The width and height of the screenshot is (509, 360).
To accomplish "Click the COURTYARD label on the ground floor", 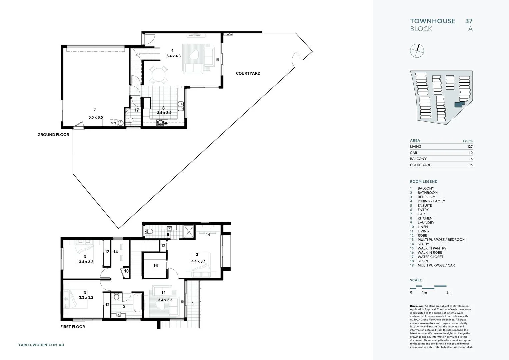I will pyautogui.click(x=248, y=73).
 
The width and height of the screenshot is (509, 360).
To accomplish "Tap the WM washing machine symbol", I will pyautogui.click(x=113, y=123).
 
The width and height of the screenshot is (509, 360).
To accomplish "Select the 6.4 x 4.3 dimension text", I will pyautogui.click(x=173, y=56).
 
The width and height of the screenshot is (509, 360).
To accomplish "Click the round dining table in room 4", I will pyautogui.click(x=158, y=75).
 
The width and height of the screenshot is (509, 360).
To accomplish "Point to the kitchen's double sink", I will pyautogui.click(x=181, y=106).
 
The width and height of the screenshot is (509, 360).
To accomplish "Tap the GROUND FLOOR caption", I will pyautogui.click(x=53, y=135).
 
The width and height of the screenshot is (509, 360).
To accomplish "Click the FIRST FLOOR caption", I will pyautogui.click(x=73, y=327).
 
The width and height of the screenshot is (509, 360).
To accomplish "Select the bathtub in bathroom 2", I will pyautogui.click(x=138, y=303).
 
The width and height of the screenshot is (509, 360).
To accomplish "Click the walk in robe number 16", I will pyautogui.click(x=155, y=266).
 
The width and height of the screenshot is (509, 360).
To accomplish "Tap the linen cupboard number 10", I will pyautogui.click(x=126, y=271).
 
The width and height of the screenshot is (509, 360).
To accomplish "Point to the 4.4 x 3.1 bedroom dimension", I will pyautogui.click(x=198, y=261).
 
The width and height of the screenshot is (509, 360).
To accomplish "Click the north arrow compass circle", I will pyautogui.click(x=417, y=51).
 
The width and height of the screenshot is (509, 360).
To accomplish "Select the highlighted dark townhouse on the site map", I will pyautogui.click(x=459, y=105).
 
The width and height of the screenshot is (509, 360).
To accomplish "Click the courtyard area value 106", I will pyautogui.click(x=469, y=165).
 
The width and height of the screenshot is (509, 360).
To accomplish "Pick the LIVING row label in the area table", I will pyautogui.click(x=415, y=147).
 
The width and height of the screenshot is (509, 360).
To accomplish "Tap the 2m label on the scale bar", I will pyautogui.click(x=449, y=293).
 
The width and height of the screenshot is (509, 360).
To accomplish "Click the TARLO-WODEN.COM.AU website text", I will pyautogui.click(x=41, y=345).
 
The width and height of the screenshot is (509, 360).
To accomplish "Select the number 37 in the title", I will pyautogui.click(x=469, y=21).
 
